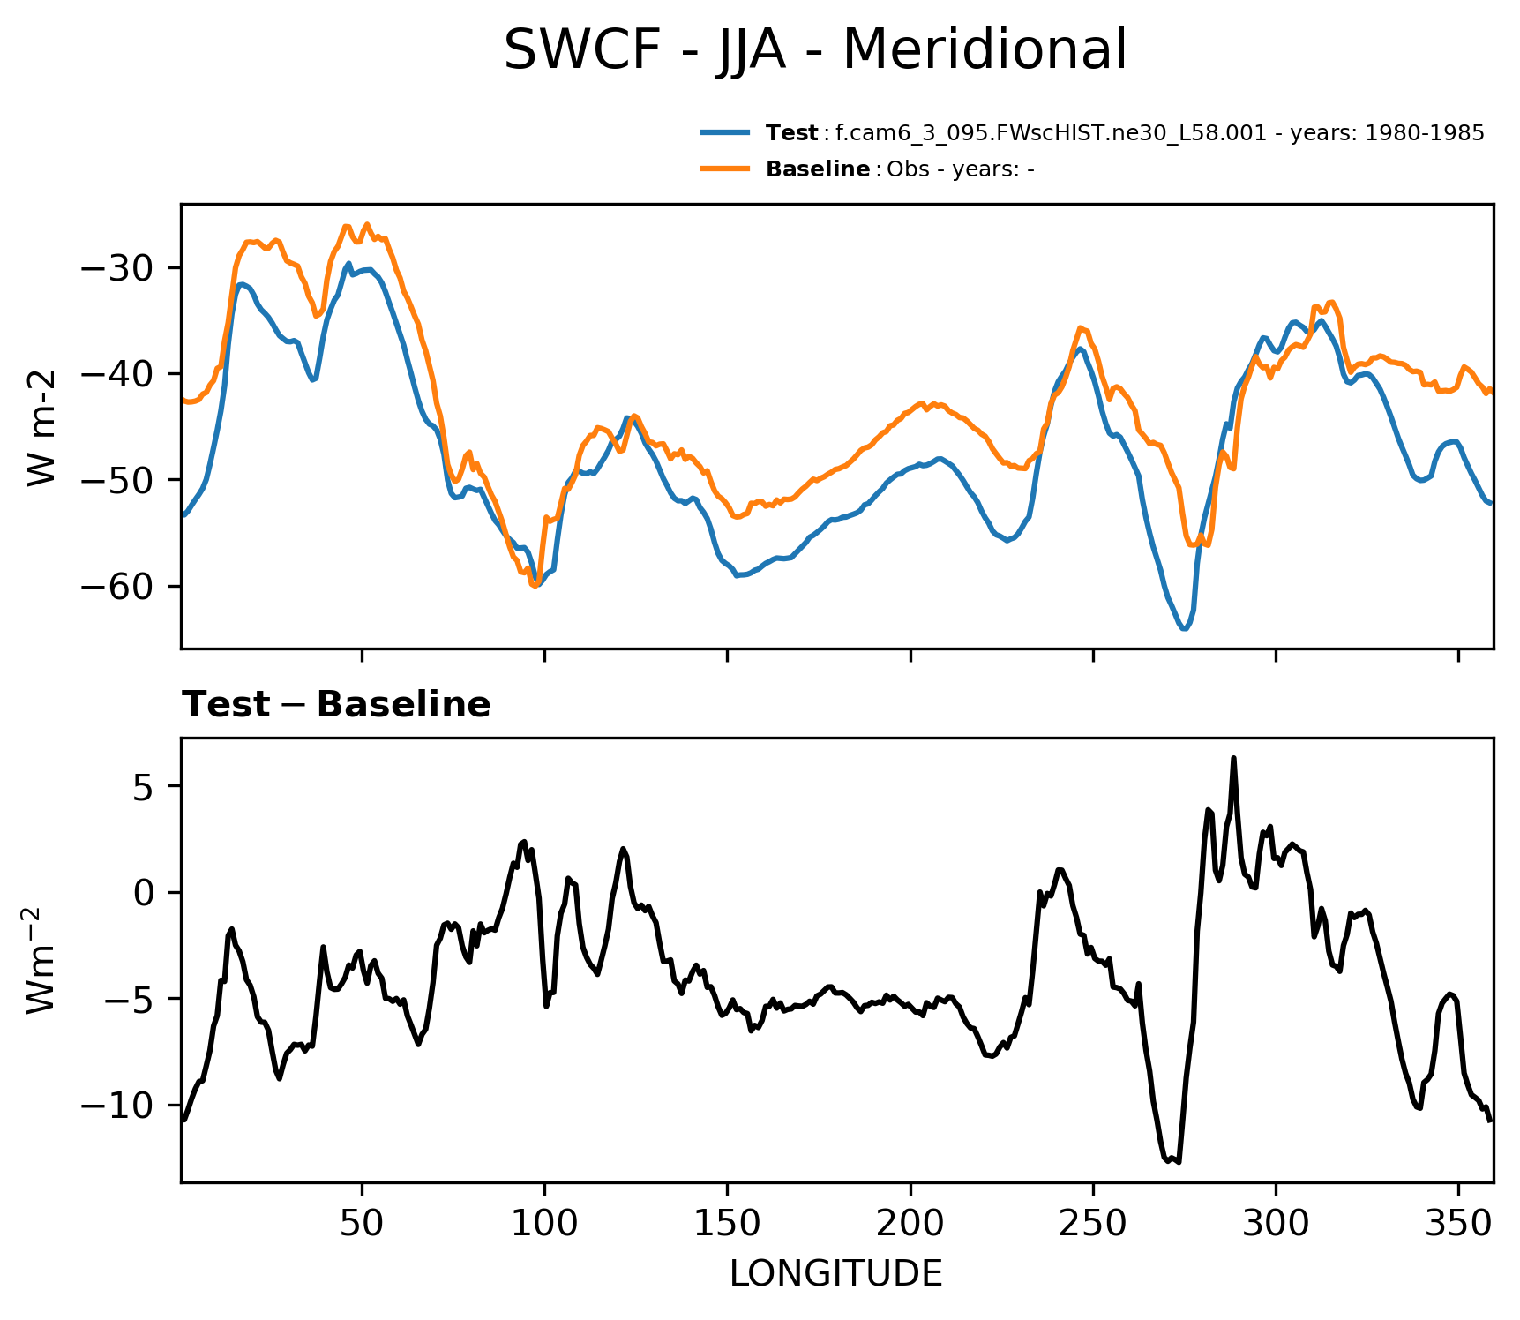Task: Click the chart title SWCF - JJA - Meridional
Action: [x=814, y=50]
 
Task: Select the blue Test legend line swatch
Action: [x=725, y=133]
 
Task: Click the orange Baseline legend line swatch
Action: [x=725, y=169]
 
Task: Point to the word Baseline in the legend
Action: [x=818, y=169]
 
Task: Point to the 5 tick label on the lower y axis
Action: [x=145, y=786]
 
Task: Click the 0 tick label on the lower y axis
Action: [x=145, y=893]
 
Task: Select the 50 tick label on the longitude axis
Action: [x=362, y=1222]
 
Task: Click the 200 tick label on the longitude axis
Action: [x=910, y=1222]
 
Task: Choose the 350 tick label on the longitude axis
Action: [x=1458, y=1222]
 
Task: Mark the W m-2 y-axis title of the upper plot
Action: [x=41, y=427]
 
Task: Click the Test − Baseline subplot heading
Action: [x=336, y=705]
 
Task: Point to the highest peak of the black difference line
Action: [x=1233, y=758]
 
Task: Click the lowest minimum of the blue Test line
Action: [x=1184, y=628]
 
